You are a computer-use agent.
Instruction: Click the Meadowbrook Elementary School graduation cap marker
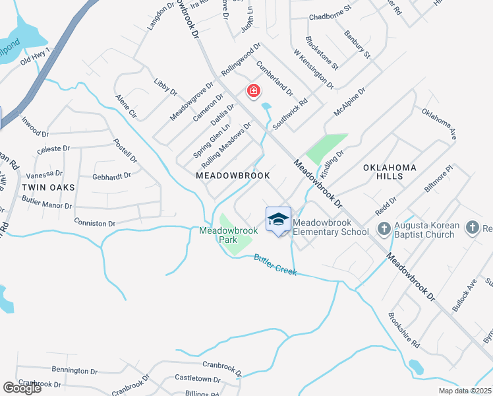click(x=278, y=220)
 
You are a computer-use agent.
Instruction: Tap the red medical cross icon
click(x=252, y=91)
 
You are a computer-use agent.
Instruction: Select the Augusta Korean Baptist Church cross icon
click(x=384, y=228)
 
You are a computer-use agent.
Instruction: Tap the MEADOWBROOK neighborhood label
click(x=233, y=176)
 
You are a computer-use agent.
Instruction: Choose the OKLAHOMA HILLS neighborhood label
click(x=390, y=172)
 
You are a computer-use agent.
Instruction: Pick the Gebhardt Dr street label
click(x=112, y=176)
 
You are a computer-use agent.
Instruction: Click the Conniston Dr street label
click(x=94, y=222)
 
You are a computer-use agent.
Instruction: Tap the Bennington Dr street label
click(x=74, y=371)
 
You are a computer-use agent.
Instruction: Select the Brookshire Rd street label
click(x=403, y=330)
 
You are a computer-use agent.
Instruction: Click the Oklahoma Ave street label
click(x=440, y=123)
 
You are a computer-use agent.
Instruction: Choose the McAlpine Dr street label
click(x=349, y=103)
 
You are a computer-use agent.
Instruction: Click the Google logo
click(x=22, y=388)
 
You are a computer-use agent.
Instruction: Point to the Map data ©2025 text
click(x=465, y=391)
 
